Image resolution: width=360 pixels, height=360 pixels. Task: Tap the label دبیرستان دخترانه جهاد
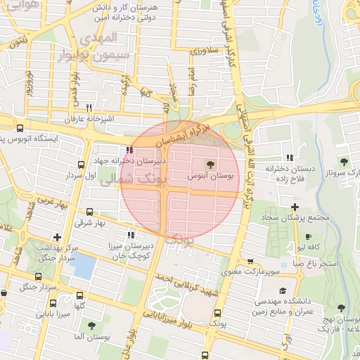click(130, 161)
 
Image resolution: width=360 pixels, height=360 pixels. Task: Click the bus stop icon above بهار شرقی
click(89, 212)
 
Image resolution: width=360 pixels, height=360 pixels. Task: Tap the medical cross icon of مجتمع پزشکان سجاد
click(295, 207)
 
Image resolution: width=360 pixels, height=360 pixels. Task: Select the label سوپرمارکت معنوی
click(252, 271)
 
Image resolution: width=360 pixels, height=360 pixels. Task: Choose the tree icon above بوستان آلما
click(91, 325)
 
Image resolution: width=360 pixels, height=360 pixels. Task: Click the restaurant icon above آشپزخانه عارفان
click(89, 108)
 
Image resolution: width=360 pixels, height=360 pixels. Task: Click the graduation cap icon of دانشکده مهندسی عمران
click(283, 290)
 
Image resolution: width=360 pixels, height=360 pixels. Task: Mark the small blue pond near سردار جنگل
click(84, 266)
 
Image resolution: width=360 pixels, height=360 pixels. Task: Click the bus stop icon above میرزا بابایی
click(79, 295)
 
